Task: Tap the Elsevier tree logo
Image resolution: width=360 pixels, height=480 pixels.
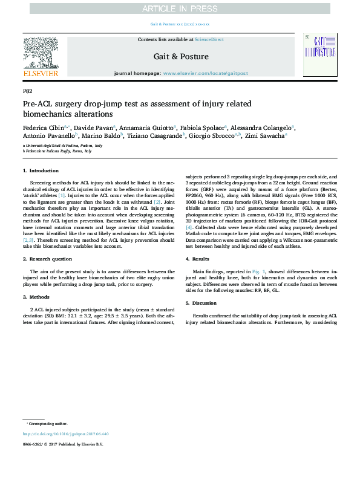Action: (x=41, y=53)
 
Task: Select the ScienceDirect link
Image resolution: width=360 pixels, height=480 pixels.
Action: (x=209, y=39)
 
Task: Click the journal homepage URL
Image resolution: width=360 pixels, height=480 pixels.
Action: (x=205, y=73)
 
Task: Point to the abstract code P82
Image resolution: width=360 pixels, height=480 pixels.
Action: (x=27, y=91)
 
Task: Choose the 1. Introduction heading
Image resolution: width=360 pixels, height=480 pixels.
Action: (x=41, y=171)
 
